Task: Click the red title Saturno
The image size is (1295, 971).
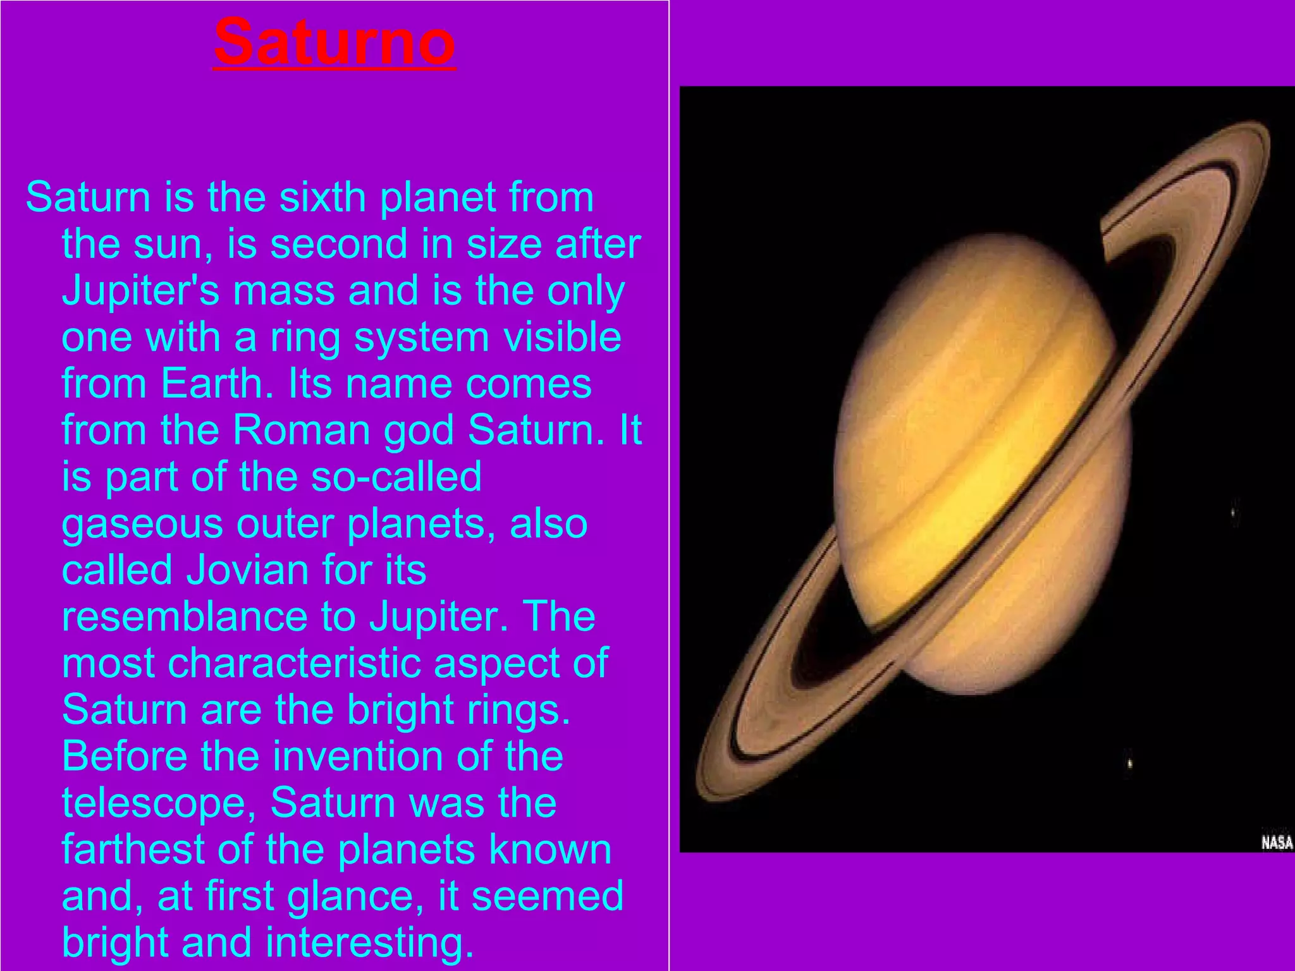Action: pos(334,42)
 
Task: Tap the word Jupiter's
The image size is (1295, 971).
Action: pos(140,291)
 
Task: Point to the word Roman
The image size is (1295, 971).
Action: pos(302,431)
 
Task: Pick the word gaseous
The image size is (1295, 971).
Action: pos(142,524)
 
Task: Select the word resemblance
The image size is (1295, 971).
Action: pos(184,617)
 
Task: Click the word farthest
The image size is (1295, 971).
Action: pos(133,850)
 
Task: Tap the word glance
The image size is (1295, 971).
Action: pos(355,896)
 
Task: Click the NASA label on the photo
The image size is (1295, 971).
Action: pos(1276,843)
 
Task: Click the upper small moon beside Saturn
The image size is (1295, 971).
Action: pos(1233,513)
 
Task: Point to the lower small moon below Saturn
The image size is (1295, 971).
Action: pos(1130,764)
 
